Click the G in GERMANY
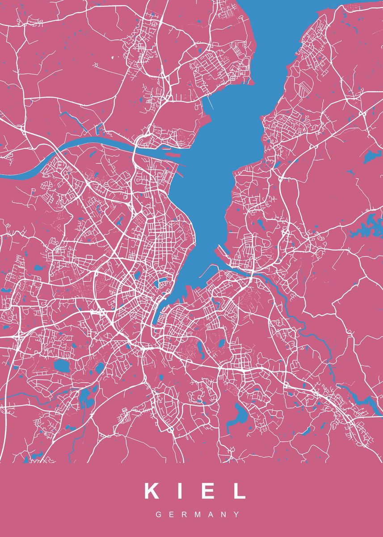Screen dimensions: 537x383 158,515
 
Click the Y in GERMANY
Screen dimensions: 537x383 236,515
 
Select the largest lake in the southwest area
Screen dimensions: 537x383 62,366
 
